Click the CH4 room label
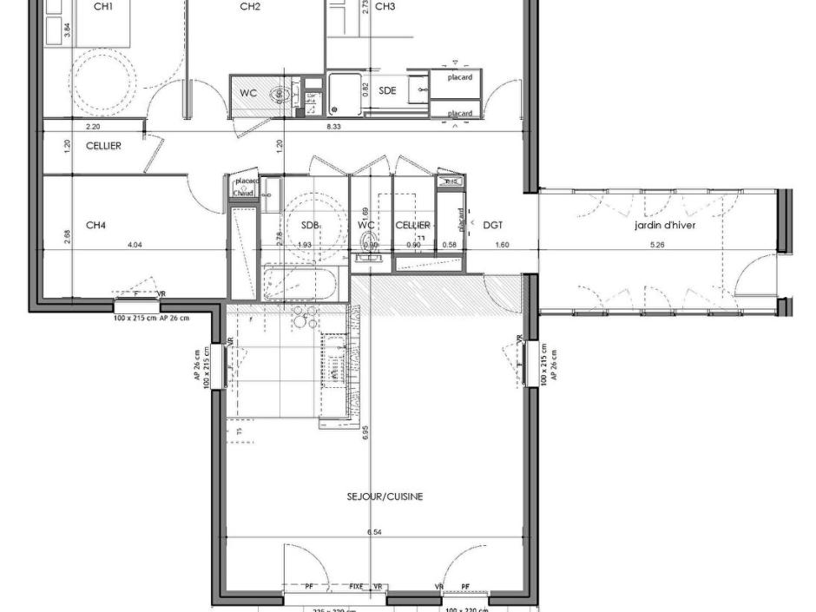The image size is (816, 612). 95,225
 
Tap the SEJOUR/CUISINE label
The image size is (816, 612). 372,497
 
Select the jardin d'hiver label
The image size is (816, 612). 664,225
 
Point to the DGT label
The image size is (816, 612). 492,225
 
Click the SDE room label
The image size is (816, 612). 387,90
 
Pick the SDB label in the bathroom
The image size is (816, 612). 310,225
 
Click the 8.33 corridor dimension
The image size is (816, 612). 333,127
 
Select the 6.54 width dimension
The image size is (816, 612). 374,531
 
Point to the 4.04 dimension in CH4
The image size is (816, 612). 135,245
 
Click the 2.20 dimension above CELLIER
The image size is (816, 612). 91,127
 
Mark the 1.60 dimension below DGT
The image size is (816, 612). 502,245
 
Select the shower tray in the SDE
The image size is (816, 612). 344,94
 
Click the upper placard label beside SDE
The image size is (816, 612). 459,77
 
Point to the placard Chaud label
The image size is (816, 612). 245,187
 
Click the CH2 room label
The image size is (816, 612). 250,7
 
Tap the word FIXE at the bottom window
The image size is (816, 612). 357,588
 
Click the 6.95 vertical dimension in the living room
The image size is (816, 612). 366,431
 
